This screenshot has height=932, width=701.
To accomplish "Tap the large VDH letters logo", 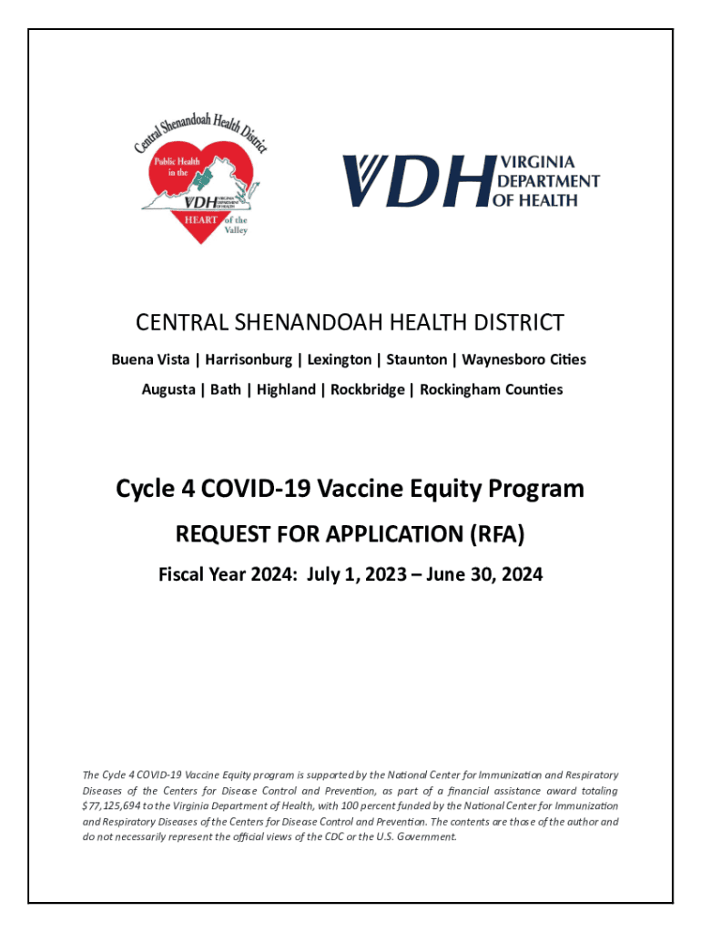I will (415, 180).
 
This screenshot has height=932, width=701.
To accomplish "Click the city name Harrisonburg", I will (251, 360).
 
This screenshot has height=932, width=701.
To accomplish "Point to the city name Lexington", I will (340, 360).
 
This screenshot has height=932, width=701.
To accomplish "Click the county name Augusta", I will (168, 390).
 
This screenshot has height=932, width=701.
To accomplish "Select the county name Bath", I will (226, 390).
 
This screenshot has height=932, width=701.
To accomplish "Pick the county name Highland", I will (286, 390).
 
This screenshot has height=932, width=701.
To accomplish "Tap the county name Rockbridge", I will (366, 390).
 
